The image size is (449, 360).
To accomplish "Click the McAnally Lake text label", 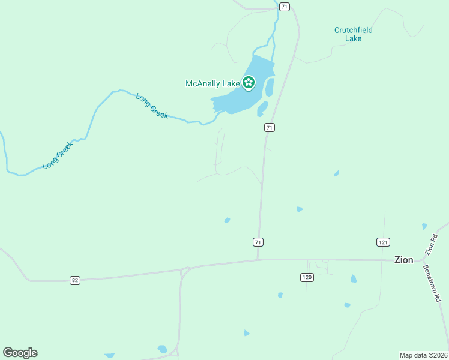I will (212, 84).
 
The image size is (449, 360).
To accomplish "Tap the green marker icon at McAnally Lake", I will (249, 83).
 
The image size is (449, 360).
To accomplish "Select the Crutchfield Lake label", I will (354, 34).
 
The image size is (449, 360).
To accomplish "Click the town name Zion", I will (403, 260).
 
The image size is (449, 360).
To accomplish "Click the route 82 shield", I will (74, 280).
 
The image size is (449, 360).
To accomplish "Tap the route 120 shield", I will (307, 277).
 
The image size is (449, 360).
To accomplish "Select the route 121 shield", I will (383, 242).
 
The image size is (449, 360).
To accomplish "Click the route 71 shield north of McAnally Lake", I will (285, 6).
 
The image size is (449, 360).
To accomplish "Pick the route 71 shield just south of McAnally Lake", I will (270, 127).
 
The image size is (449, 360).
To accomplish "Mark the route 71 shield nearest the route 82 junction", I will (258, 242).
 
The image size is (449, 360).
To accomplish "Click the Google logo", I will (20, 353).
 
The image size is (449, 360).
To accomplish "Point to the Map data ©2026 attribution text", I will (423, 355).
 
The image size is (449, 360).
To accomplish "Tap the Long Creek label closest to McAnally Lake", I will (152, 106).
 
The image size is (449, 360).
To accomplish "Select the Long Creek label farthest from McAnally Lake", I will (58, 155).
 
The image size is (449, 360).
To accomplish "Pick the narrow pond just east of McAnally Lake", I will (269, 88).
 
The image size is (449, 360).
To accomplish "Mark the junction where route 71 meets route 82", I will (258, 260).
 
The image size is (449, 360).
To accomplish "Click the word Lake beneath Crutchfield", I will (354, 38).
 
